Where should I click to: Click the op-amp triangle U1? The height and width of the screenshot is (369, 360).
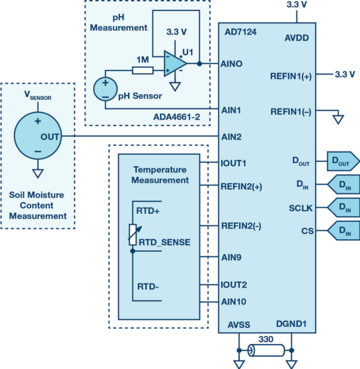tap(174, 63)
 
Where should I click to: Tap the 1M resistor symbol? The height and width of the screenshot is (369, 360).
tap(142, 70)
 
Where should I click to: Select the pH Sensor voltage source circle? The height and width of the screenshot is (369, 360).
tap(105, 88)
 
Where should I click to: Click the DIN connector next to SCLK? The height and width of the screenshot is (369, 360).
tap(343, 207)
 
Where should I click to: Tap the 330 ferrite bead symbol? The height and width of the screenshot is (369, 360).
tap(266, 350)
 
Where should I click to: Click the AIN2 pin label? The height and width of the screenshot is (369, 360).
tap(232, 137)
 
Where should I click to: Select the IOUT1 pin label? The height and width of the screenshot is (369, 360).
tap(234, 163)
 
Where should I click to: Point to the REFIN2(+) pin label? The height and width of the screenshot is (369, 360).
tap(241, 186)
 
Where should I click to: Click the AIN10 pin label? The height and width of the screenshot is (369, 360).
tap(234, 301)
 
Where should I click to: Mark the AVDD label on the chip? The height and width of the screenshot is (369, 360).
tap(297, 38)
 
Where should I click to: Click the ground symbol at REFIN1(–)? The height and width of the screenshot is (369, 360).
tap(338, 119)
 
